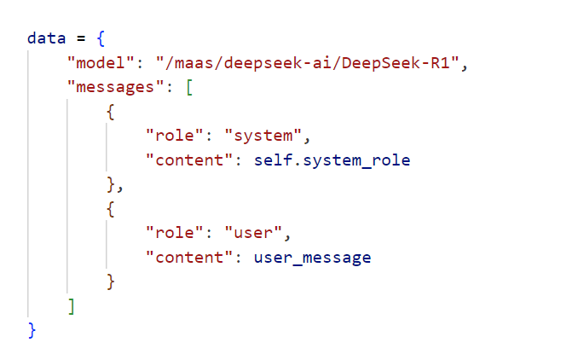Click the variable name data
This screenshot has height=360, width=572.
coord(43,38)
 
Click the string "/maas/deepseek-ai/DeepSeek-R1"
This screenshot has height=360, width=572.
coord(302,63)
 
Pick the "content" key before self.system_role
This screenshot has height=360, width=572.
coord(190,160)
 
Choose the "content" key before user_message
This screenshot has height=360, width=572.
coord(190,257)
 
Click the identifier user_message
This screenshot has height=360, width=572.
coord(312,257)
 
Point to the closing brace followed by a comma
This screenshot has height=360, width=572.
coord(110,184)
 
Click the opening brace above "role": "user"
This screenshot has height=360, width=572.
coord(110,208)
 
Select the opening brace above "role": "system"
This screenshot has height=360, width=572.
coord(110,112)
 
